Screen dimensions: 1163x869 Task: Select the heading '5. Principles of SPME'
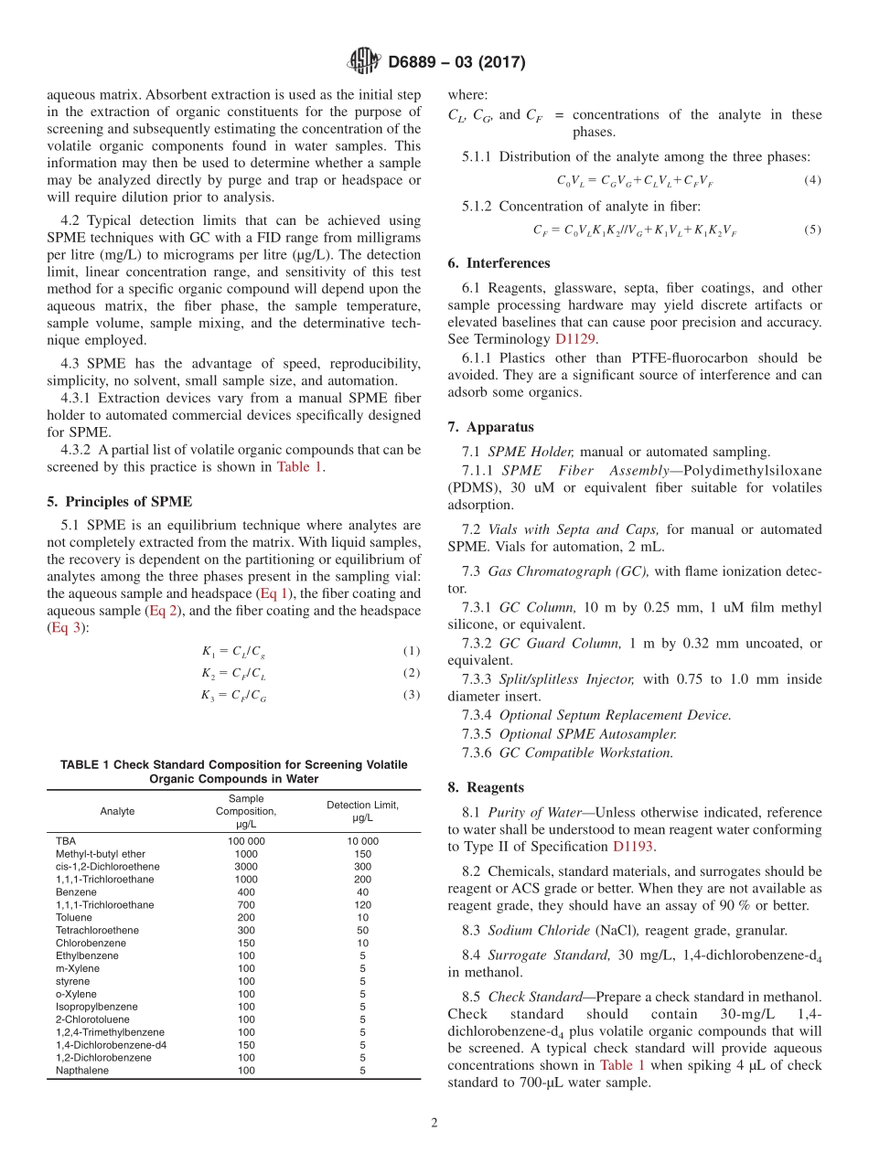[120, 501]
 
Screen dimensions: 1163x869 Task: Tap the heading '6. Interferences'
[499, 263]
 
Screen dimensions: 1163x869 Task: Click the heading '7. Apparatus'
[490, 427]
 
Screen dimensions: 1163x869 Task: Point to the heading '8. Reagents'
[486, 787]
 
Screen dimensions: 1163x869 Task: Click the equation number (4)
[812, 180]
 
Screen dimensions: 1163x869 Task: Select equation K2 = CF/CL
[233, 674]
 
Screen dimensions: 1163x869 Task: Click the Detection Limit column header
[362, 811]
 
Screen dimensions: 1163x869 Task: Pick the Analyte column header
[117, 811]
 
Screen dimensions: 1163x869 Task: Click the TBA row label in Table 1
[66, 841]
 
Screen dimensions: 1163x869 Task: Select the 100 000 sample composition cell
[246, 841]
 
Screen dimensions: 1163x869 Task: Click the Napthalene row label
[81, 1071]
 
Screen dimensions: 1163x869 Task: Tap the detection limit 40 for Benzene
[362, 892]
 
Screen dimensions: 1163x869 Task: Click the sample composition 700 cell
[246, 905]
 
